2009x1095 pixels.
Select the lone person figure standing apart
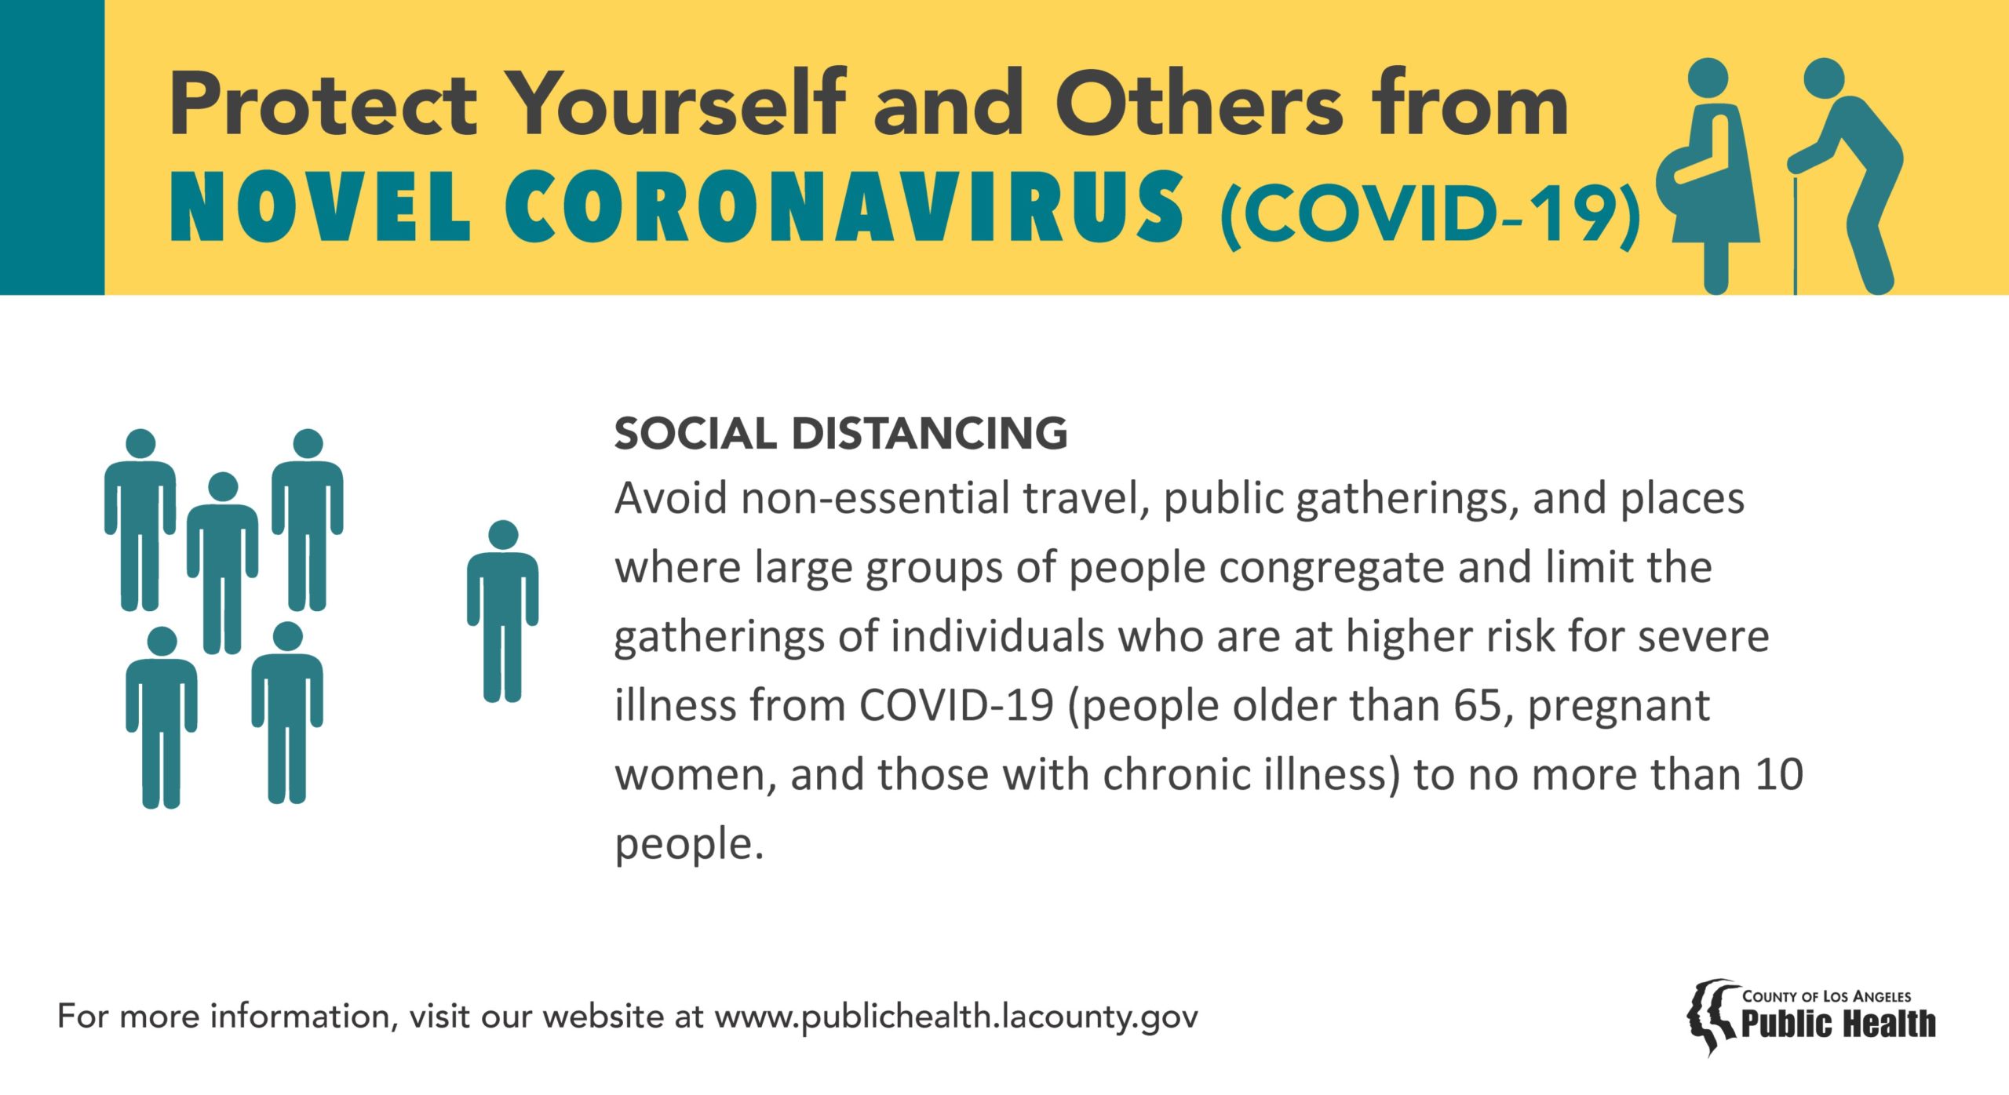tap(502, 611)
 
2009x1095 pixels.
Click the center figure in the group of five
tap(223, 563)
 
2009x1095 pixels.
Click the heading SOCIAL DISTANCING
tap(840, 434)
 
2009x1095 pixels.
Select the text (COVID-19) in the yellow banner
tap(1431, 214)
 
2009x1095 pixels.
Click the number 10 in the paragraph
tap(1779, 774)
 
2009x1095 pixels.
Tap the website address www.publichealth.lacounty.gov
tap(956, 1017)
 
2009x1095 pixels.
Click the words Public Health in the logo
tap(1839, 1024)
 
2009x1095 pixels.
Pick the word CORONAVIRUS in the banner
tap(844, 207)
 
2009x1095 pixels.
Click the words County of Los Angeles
tap(1827, 996)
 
